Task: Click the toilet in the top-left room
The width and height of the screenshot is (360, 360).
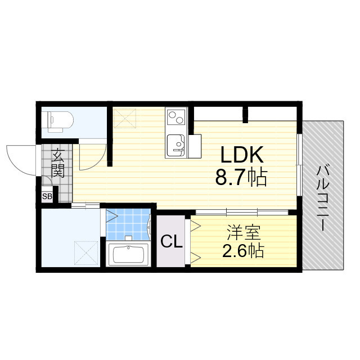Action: point(60,121)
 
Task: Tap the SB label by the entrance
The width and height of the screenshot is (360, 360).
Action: point(47,196)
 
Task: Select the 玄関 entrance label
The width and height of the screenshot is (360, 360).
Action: point(58,163)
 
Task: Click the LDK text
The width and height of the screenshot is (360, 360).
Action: point(242,155)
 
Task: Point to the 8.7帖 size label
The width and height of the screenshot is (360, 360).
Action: point(241,177)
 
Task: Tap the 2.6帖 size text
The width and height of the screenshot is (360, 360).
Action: point(243,251)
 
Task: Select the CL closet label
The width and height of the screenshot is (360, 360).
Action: point(171,241)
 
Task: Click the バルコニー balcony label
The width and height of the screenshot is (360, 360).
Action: point(323,197)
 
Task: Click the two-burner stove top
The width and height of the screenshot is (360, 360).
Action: point(176,118)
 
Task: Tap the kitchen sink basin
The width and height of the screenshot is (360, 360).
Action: point(176,145)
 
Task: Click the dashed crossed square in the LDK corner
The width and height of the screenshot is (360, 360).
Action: point(125,118)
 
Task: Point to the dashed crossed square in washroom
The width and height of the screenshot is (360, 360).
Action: point(86,253)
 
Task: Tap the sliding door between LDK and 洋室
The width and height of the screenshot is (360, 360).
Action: point(242,212)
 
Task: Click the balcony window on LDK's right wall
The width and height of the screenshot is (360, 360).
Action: point(299,165)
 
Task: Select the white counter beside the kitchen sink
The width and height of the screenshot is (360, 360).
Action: point(195,146)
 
